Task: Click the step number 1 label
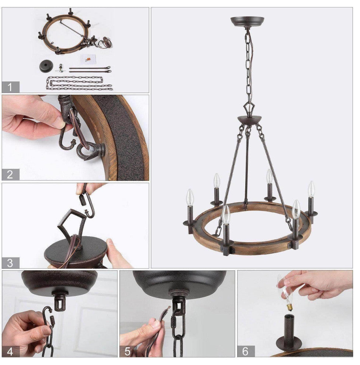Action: pyautogui.click(x=10, y=87)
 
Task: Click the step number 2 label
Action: pyautogui.click(x=10, y=174)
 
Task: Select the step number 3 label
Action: pyautogui.click(x=10, y=263)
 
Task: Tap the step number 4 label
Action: pyautogui.click(x=10, y=351)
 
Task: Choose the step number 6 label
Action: pyautogui.click(x=246, y=351)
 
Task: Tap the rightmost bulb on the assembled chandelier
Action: pyautogui.click(x=311, y=189)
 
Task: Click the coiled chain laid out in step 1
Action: pyautogui.click(x=79, y=83)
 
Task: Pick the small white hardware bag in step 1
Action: pyautogui.click(x=88, y=59)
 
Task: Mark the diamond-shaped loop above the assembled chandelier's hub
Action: pyautogui.click(x=249, y=108)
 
